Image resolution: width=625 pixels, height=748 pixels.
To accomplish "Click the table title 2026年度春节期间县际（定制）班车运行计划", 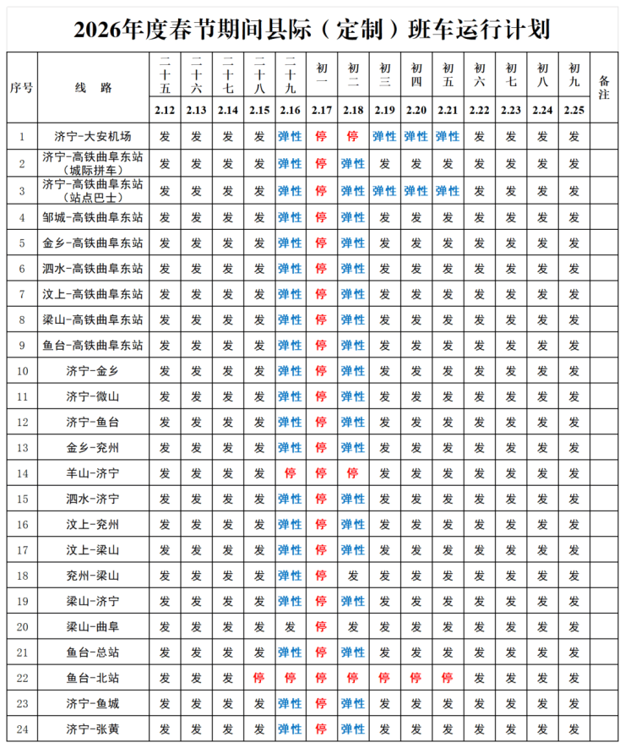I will [x=312, y=30].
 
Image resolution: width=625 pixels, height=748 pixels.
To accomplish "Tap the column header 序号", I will [x=21, y=88].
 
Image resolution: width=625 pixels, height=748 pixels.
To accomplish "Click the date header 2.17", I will [x=322, y=111].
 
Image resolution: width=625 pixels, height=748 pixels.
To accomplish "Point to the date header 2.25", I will [x=574, y=111].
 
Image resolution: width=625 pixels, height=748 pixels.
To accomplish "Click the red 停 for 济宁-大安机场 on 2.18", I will [x=353, y=136].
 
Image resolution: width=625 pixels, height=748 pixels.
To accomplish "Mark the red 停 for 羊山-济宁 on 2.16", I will [x=290, y=473].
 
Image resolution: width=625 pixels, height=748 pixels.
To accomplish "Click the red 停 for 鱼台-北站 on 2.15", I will [x=259, y=678].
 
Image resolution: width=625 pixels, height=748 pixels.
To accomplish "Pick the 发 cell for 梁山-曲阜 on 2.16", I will [x=290, y=626].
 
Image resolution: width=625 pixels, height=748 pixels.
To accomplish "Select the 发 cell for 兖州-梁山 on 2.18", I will [x=353, y=576].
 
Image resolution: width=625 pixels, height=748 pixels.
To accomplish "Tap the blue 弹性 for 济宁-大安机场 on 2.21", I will [x=448, y=136].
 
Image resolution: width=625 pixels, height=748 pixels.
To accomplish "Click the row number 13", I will [x=21, y=447].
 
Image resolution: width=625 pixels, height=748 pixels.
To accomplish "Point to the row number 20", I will [x=21, y=626].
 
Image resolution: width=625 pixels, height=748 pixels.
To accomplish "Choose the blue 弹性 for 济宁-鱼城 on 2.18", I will [x=353, y=703].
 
